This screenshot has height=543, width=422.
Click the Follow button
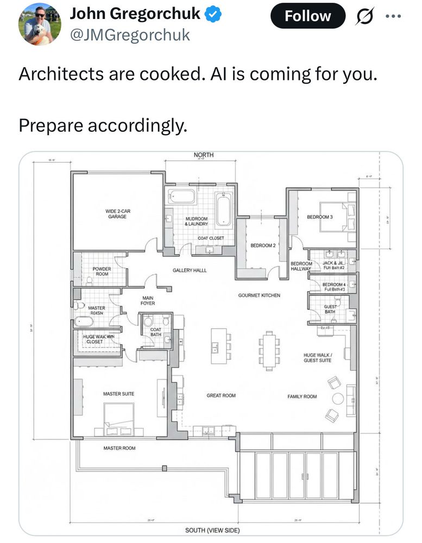(307, 16)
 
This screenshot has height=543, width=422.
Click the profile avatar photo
(39, 23)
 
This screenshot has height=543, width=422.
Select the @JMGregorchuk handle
(130, 35)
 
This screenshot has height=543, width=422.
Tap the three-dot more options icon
(392, 16)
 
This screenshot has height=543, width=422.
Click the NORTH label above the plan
(204, 155)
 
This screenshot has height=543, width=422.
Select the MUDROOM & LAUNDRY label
(196, 221)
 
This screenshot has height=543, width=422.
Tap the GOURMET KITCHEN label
(259, 295)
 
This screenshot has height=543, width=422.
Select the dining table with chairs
(269, 350)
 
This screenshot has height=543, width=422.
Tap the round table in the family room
(338, 399)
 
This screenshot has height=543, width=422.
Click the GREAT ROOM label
(221, 396)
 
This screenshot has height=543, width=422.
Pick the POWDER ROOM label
(102, 271)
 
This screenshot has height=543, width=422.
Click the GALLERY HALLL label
(190, 270)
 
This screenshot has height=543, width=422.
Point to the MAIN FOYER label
(148, 300)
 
